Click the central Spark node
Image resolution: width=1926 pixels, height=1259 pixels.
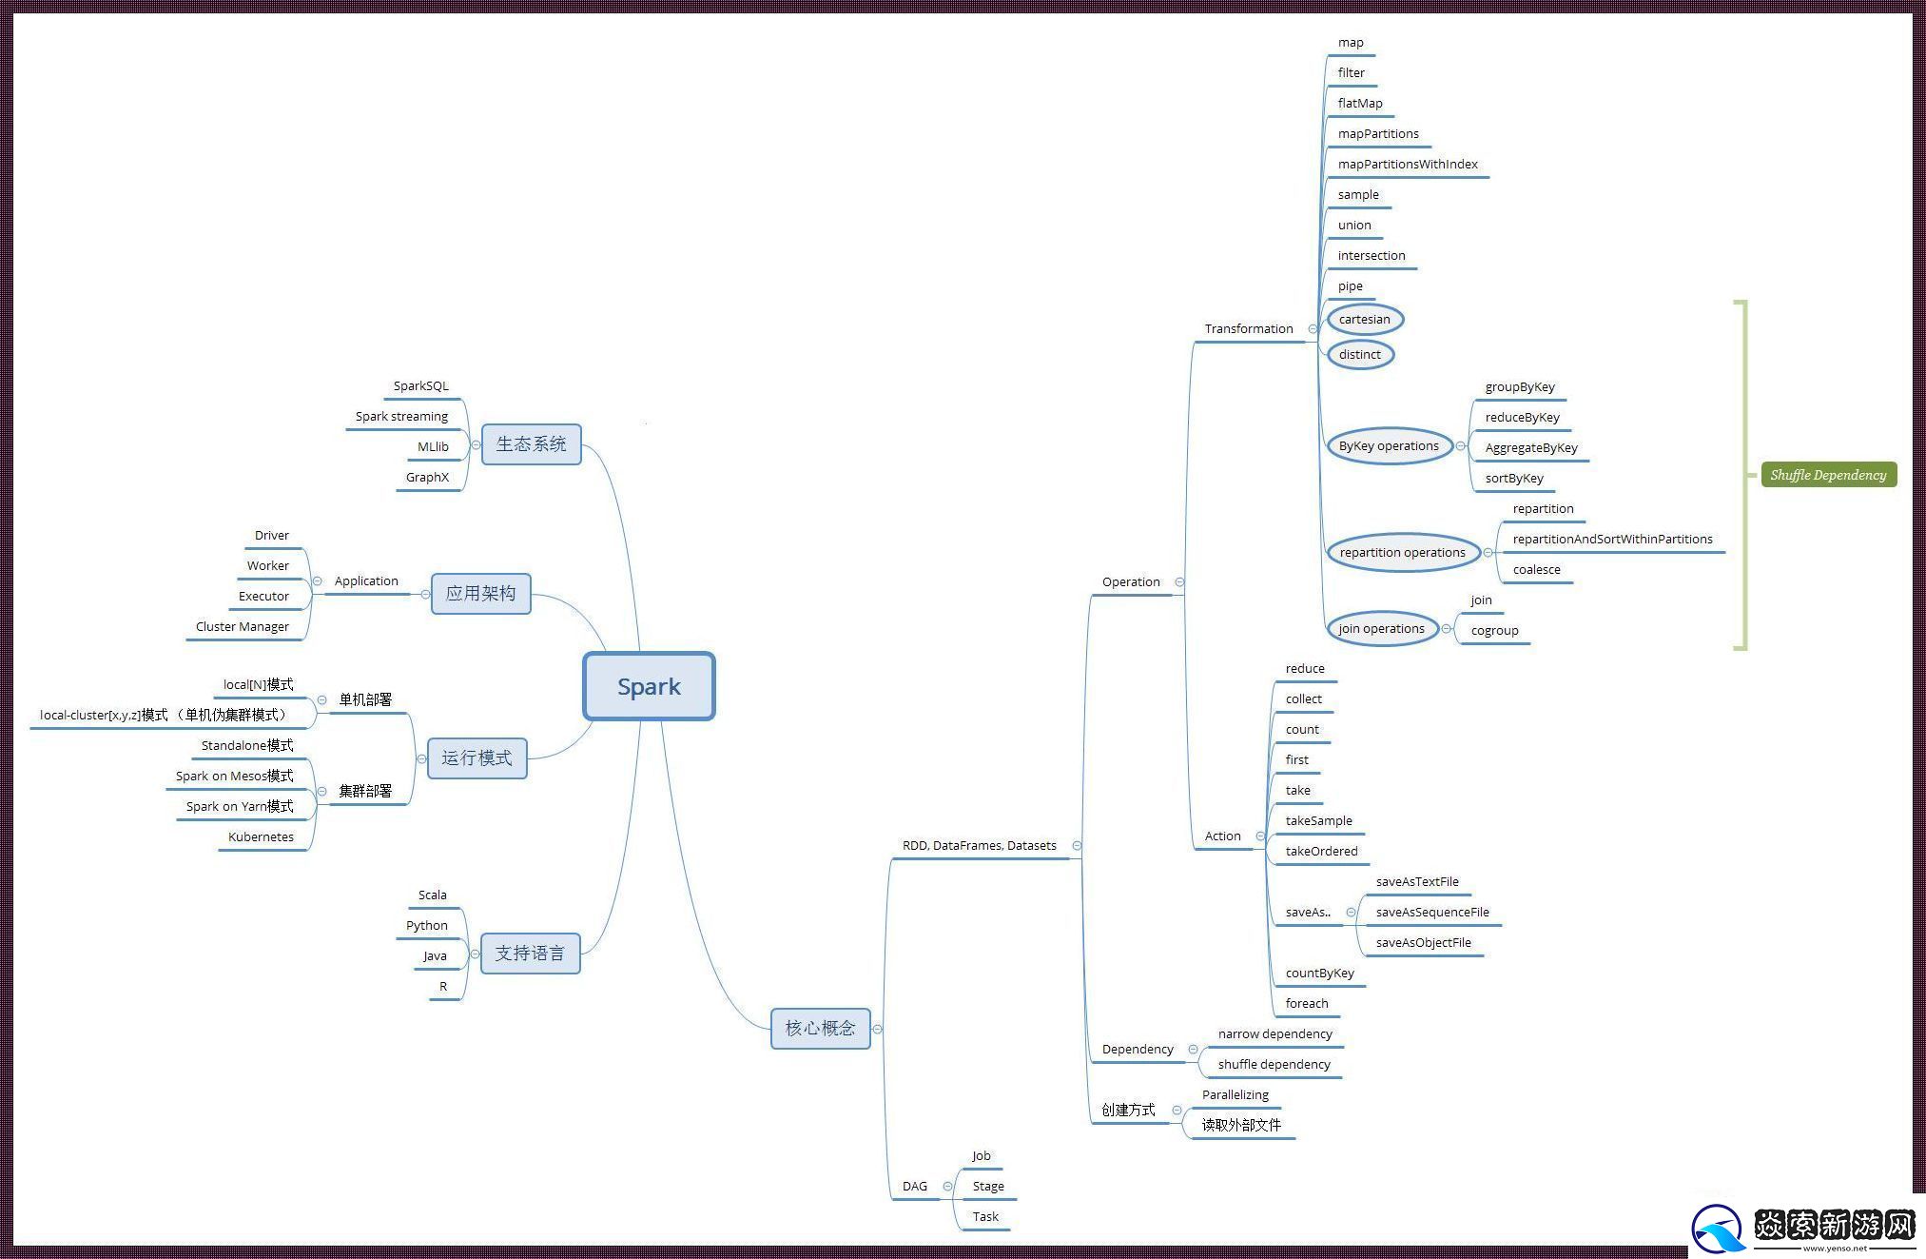(x=649, y=686)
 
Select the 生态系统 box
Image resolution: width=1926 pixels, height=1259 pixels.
(x=531, y=444)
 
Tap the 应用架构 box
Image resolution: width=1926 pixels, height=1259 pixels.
(x=480, y=594)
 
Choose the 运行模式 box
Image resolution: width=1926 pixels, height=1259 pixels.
(x=477, y=758)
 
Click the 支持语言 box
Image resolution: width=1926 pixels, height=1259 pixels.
(x=530, y=954)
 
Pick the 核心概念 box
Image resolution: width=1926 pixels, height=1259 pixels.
(x=820, y=1029)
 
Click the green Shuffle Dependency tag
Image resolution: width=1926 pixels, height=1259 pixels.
(x=1828, y=475)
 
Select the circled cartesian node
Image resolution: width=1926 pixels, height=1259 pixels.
(x=1365, y=320)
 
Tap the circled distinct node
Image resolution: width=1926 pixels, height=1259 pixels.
(x=1360, y=355)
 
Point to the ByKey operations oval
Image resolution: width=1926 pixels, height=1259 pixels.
(x=1389, y=446)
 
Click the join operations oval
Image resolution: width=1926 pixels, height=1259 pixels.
(x=1381, y=629)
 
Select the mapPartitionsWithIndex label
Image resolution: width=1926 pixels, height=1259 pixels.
(x=1408, y=165)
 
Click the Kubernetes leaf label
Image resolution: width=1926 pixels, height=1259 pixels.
(x=261, y=837)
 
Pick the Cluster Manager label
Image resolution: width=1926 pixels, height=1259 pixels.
(x=243, y=627)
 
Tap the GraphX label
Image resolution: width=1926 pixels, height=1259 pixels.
(x=427, y=478)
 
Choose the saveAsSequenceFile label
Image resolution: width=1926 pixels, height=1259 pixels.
(x=1432, y=913)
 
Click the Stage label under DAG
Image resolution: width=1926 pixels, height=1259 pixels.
(x=988, y=1187)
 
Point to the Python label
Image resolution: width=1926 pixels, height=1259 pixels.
(x=426, y=926)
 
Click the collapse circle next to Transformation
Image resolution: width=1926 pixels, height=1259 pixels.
(x=1313, y=329)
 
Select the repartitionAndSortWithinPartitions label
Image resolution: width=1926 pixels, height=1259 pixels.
(x=1612, y=540)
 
